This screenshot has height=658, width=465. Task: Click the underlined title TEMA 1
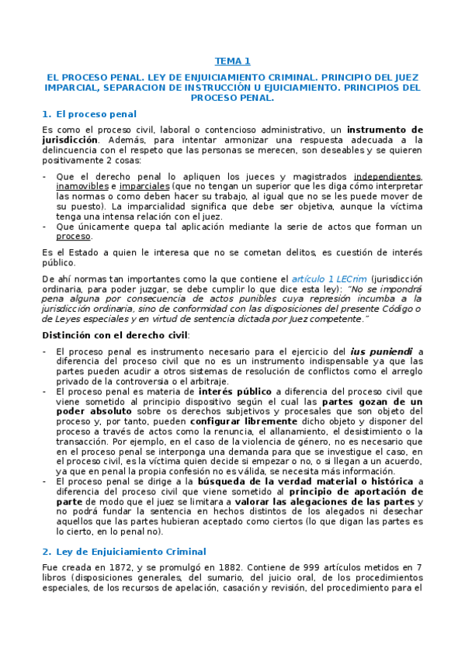pos(232,61)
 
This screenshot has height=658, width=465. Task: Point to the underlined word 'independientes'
pos(387,176)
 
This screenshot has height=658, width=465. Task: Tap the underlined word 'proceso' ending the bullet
pos(74,237)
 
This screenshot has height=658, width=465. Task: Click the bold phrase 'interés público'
pos(231,391)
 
